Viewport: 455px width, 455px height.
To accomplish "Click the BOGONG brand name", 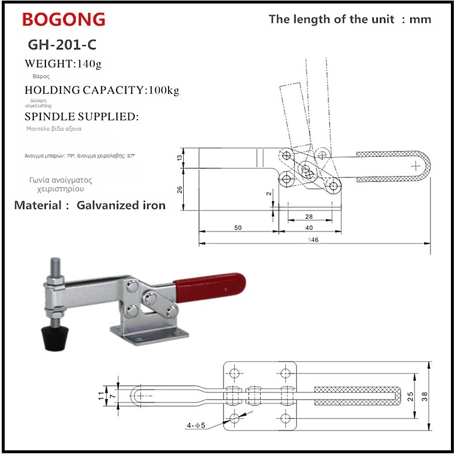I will (x=64, y=19).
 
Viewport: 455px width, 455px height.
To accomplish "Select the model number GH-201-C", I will (x=62, y=45).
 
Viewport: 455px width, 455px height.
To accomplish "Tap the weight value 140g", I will (x=89, y=64).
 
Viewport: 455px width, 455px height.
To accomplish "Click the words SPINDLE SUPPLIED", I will (x=82, y=117).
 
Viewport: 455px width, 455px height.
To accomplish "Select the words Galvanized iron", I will (x=121, y=205).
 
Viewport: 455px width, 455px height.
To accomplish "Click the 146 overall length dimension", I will (x=315, y=240).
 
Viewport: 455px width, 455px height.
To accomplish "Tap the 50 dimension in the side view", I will (x=238, y=228).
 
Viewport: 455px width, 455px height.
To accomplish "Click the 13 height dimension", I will (x=180, y=157).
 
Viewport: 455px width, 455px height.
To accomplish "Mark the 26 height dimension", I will (x=180, y=189).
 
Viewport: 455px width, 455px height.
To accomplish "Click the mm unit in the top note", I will (x=420, y=19).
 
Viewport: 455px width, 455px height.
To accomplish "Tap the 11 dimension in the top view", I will (x=100, y=395).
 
